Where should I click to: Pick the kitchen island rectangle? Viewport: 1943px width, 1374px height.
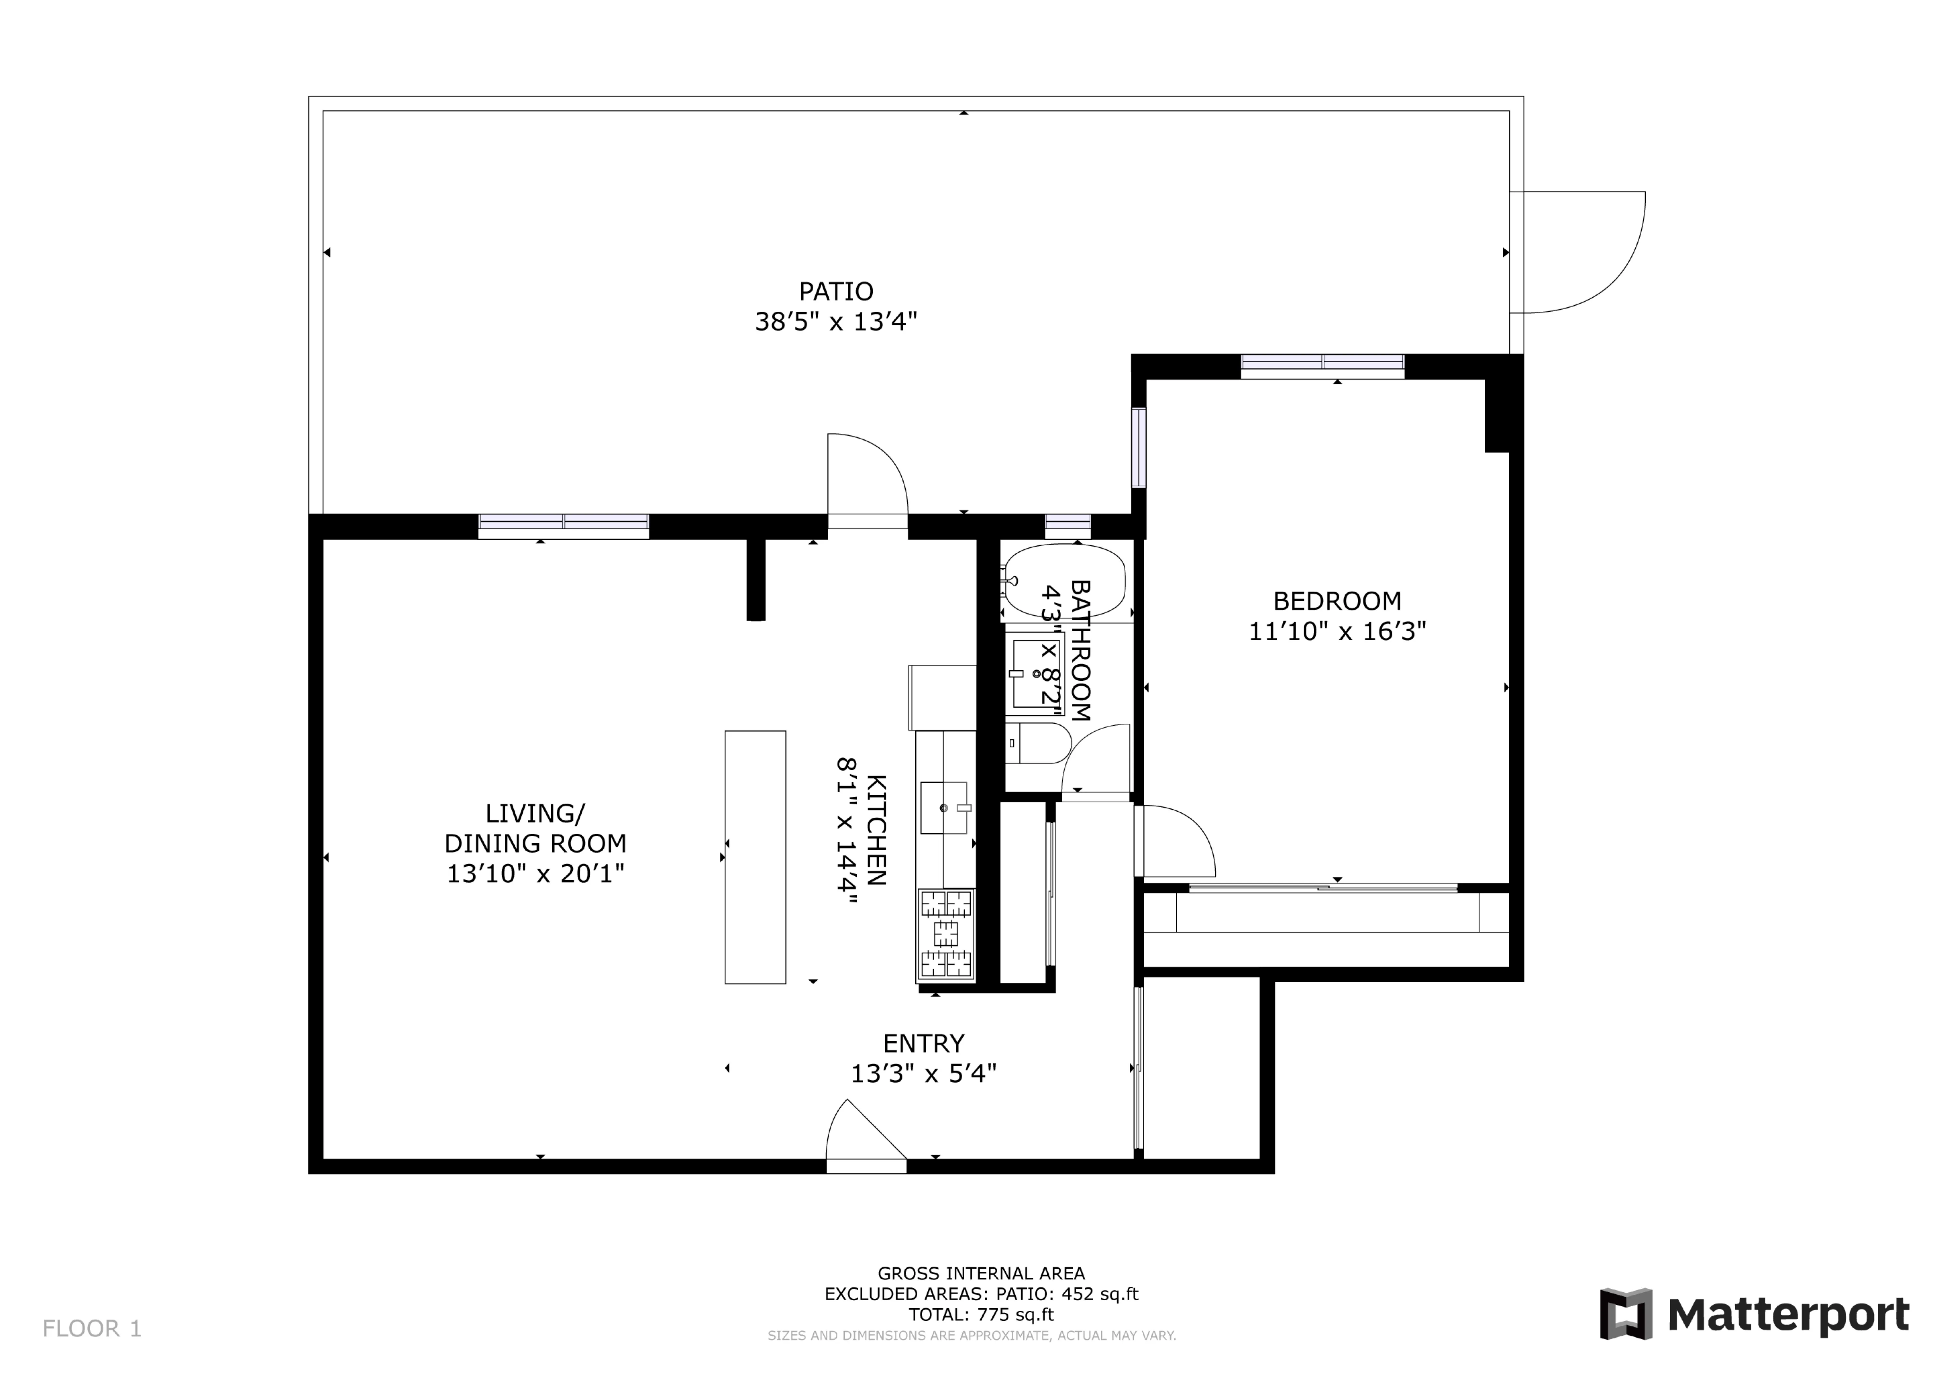click(x=755, y=857)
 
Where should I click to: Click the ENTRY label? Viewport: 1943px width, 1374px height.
click(x=923, y=1043)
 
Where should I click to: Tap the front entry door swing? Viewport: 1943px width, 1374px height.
click(x=863, y=1134)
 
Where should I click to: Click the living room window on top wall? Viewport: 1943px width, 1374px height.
click(x=564, y=522)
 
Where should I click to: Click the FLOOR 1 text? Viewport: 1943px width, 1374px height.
click(x=92, y=1329)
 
